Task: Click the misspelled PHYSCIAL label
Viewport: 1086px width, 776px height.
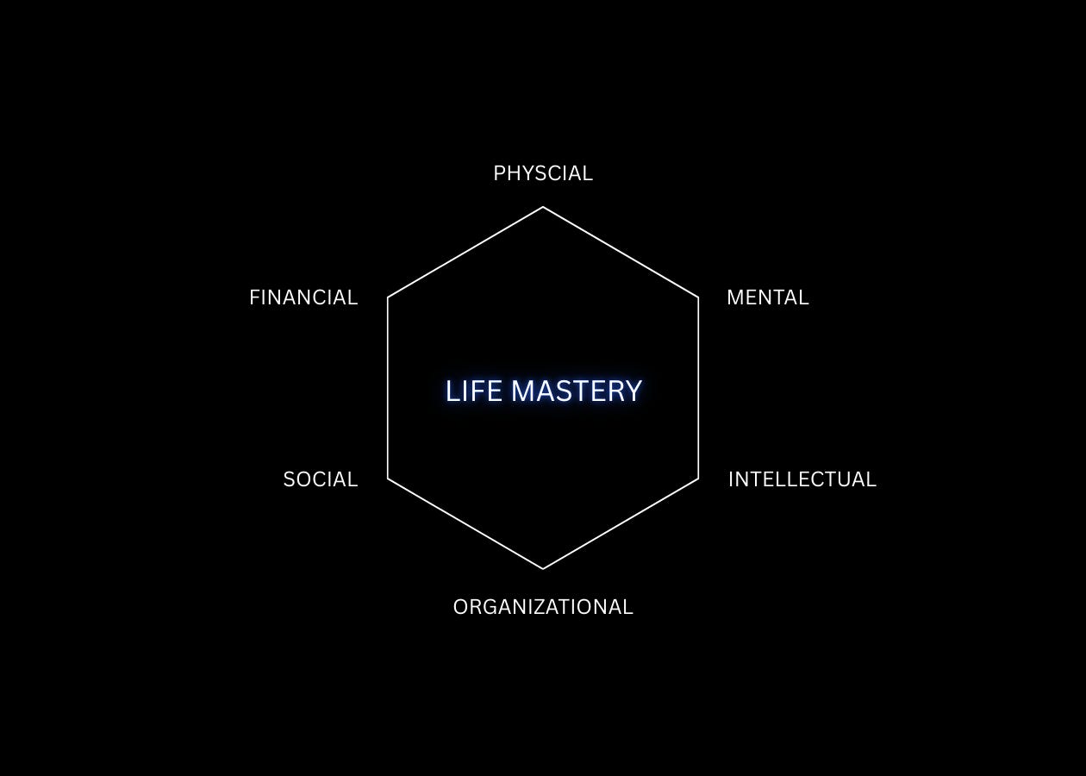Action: [543, 173]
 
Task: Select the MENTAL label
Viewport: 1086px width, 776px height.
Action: [767, 297]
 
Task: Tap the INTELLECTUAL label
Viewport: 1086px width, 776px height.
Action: [802, 479]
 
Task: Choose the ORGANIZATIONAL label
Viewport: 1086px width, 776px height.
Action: [543, 607]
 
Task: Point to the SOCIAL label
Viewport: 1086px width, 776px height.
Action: [320, 479]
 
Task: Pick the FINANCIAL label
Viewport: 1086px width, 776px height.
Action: [303, 297]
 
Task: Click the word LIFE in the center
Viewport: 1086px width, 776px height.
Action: [473, 391]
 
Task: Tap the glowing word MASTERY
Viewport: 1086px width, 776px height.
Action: [577, 391]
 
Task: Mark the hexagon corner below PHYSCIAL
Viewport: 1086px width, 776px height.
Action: [543, 207]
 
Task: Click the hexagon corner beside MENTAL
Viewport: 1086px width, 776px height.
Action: [698, 297]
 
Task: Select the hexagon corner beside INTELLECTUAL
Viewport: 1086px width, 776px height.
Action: [698, 479]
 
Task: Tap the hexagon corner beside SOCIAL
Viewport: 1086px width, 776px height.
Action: [388, 479]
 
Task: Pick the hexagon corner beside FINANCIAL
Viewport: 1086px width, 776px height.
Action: [388, 297]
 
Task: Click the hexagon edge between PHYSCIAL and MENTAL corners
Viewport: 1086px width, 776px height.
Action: [621, 252]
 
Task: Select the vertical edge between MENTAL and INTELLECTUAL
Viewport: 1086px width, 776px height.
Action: [698, 388]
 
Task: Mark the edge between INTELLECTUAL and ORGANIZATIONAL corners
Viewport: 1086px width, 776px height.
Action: [621, 524]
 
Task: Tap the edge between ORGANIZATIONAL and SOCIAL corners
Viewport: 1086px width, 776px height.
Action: [465, 524]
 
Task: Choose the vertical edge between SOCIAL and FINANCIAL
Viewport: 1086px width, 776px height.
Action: [388, 388]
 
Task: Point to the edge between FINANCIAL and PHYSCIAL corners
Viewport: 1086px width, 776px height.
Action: [465, 252]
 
